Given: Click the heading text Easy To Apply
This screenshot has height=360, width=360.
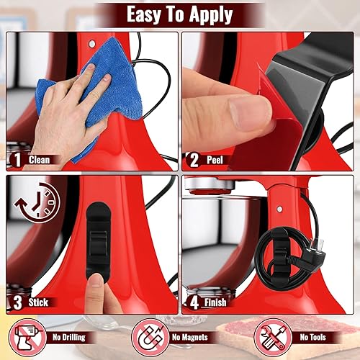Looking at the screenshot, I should [180, 14].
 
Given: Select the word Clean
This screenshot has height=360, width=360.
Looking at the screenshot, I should [40, 160].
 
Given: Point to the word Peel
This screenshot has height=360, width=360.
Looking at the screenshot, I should [215, 160].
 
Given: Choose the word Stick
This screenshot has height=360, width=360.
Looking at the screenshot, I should [39, 302].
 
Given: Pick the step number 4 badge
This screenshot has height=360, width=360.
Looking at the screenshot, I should [193, 302].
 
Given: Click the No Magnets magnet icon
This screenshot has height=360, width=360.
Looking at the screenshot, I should [148, 337].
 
